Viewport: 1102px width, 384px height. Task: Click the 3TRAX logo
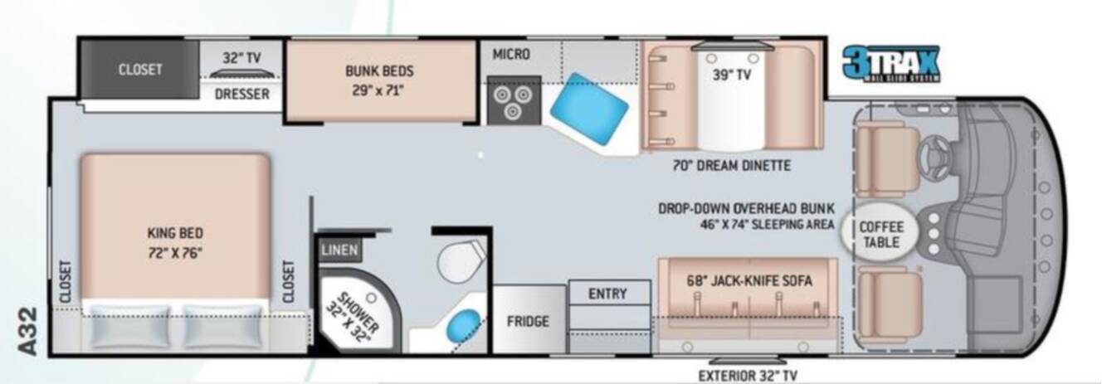point(891,63)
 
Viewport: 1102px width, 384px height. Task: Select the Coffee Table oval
point(880,235)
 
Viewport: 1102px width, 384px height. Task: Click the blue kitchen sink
point(588,109)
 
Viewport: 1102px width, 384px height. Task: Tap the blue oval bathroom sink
point(463,325)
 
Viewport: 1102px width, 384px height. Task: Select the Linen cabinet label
point(339,250)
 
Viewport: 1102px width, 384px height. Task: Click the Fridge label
point(528,322)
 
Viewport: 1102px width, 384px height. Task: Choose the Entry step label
point(607,294)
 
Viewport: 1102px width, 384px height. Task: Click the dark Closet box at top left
point(140,70)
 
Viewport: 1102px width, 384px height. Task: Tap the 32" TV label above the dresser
point(241,58)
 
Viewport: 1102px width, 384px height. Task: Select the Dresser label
point(242,94)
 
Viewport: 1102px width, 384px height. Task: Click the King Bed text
point(175,233)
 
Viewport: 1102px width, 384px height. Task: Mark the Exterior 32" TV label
point(748,375)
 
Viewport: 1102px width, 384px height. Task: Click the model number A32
point(28,331)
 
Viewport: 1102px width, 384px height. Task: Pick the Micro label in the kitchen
point(512,54)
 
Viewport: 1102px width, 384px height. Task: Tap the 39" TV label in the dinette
point(732,75)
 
